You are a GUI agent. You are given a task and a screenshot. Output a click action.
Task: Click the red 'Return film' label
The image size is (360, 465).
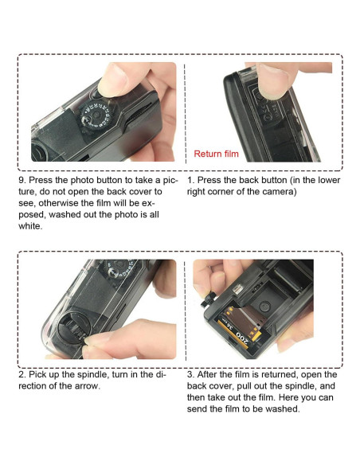click(216, 154)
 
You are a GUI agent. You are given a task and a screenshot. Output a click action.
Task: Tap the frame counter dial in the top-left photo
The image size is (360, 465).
click(96, 116)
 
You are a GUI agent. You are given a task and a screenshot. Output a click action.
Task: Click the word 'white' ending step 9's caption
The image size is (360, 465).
click(30, 226)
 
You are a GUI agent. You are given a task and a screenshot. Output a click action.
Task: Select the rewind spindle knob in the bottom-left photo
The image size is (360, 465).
click(72, 328)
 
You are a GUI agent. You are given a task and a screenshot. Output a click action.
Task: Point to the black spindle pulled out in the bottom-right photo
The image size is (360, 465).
click(209, 299)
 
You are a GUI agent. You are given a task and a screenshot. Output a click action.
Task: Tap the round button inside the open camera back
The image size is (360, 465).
click(264, 306)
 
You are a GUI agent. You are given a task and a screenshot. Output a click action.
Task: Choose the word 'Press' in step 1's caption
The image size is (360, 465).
click(210, 180)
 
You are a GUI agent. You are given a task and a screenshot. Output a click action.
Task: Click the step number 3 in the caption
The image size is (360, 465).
click(190, 374)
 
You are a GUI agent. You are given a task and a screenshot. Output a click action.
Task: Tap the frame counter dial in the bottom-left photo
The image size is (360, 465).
click(119, 268)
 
